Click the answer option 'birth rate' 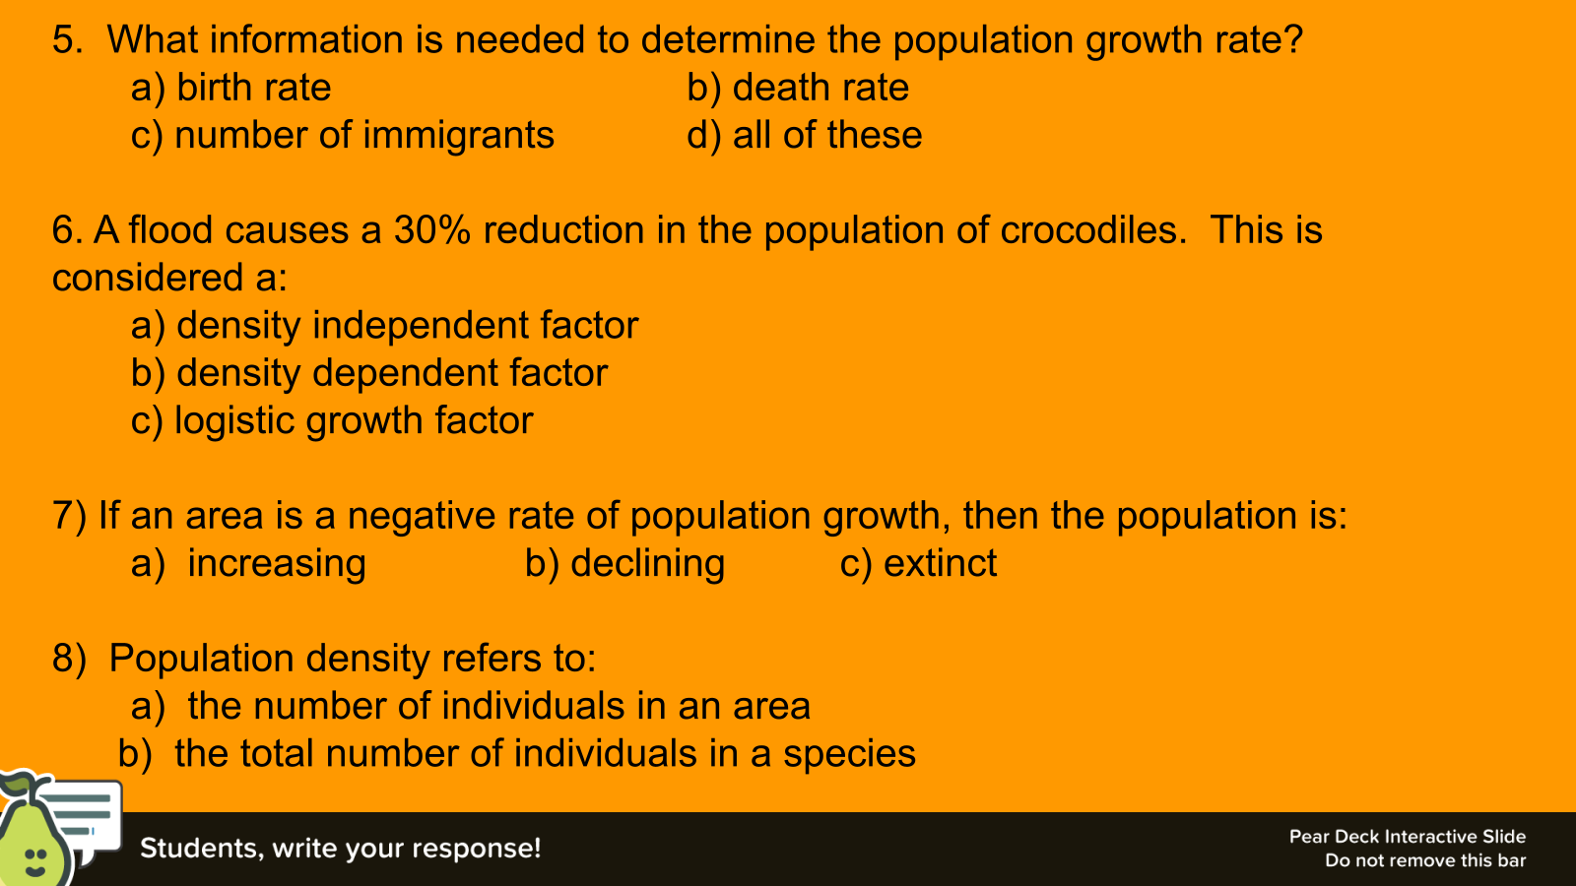pyautogui.click(x=253, y=88)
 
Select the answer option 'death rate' pyautogui.click(x=821, y=88)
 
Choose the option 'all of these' pyautogui.click(x=827, y=135)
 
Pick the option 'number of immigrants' pyautogui.click(x=363, y=136)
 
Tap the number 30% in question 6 pyautogui.click(x=432, y=230)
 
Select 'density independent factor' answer pyautogui.click(x=408, y=326)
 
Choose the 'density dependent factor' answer pyautogui.click(x=392, y=373)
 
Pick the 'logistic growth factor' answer pyautogui.click(x=354, y=421)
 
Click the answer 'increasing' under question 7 pyautogui.click(x=277, y=564)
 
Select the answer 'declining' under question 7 pyautogui.click(x=647, y=564)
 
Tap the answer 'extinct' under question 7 pyautogui.click(x=940, y=563)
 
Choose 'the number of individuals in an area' pyautogui.click(x=498, y=706)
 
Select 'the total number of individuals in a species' pyautogui.click(x=546, y=754)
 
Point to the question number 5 pyautogui.click(x=68, y=39)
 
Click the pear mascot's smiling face pyautogui.click(x=35, y=862)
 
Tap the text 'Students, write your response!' pyautogui.click(x=341, y=848)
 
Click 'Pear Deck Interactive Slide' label pyautogui.click(x=1408, y=837)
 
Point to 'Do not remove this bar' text pyautogui.click(x=1425, y=860)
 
